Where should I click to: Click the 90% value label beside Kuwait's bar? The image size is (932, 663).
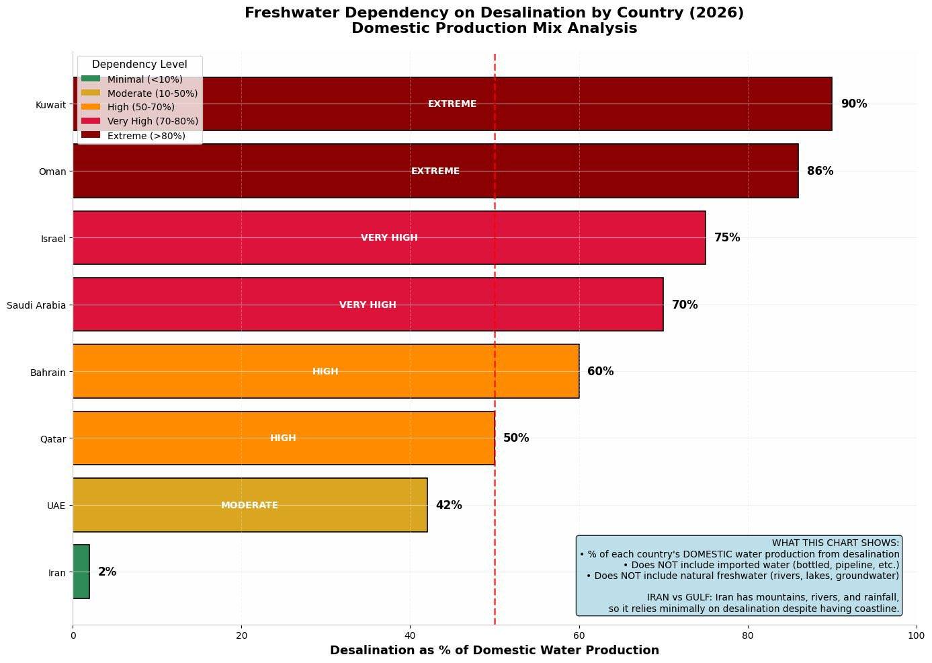[853, 104]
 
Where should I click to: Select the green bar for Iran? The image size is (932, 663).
[81, 572]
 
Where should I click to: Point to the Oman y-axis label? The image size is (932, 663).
[52, 171]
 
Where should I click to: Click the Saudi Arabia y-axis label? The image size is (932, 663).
[36, 305]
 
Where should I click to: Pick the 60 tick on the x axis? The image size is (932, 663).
[579, 635]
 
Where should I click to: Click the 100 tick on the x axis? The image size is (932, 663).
[916, 635]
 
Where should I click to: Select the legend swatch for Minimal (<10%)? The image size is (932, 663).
[91, 79]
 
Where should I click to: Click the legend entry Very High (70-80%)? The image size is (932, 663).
[153, 122]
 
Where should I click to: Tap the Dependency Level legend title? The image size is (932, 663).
[139, 65]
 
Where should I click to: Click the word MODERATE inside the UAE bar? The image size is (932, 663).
[249, 506]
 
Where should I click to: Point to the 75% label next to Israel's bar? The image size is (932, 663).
[727, 238]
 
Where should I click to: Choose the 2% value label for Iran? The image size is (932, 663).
[107, 572]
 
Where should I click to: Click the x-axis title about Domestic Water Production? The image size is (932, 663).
[494, 650]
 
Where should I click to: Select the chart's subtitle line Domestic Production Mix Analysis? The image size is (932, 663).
[494, 28]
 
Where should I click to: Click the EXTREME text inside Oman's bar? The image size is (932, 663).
[435, 171]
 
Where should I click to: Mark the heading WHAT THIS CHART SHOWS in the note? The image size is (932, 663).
[835, 543]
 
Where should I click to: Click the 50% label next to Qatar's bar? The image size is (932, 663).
[516, 438]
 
